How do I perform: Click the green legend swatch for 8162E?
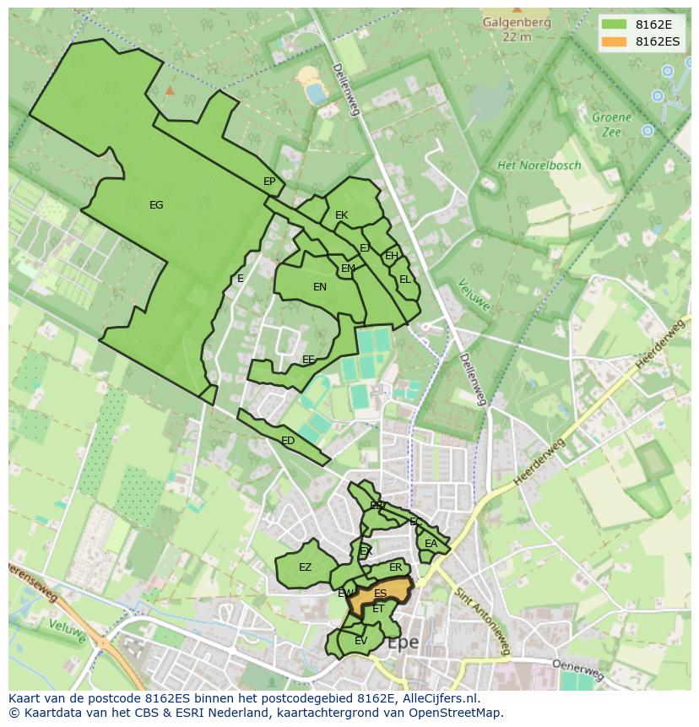[613, 24]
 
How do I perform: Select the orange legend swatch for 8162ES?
[613, 41]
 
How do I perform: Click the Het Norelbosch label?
[539, 165]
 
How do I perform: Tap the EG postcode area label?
[156, 205]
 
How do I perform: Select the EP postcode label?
[269, 182]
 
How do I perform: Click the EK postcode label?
[341, 215]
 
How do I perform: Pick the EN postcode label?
[320, 287]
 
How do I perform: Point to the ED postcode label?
[288, 441]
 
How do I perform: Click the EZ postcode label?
[305, 567]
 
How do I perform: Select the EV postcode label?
[360, 641]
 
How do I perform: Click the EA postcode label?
[431, 544]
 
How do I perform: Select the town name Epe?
[403, 643]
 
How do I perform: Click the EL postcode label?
[405, 279]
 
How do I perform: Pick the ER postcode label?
[395, 567]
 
